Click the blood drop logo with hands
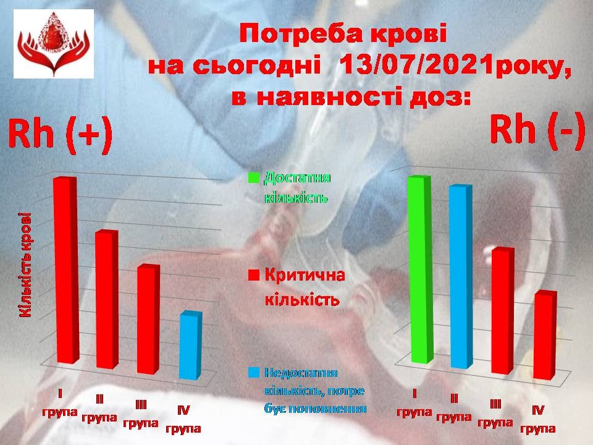pyautogui.click(x=54, y=43)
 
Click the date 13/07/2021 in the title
pyautogui.click(x=411, y=66)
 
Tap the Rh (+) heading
pyautogui.click(x=61, y=135)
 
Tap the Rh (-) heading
pyautogui.click(x=537, y=130)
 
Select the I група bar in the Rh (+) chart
pyautogui.click(x=67, y=270)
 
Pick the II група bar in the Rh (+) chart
pyautogui.click(x=107, y=299)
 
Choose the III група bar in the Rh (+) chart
pyautogui.click(x=148, y=319)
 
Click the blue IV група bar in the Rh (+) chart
pyautogui.click(x=190, y=345)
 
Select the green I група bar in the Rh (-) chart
pyautogui.click(x=421, y=269)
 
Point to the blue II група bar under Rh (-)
pyautogui.click(x=462, y=277)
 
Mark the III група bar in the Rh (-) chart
pyautogui.click(x=503, y=311)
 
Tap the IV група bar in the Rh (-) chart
pyautogui.click(x=545, y=335)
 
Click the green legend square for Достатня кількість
pyautogui.click(x=253, y=178)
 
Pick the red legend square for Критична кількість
pyautogui.click(x=253, y=275)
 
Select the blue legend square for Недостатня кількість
pyautogui.click(x=254, y=372)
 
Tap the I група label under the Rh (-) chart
pyautogui.click(x=414, y=402)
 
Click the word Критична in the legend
pyautogui.click(x=305, y=275)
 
